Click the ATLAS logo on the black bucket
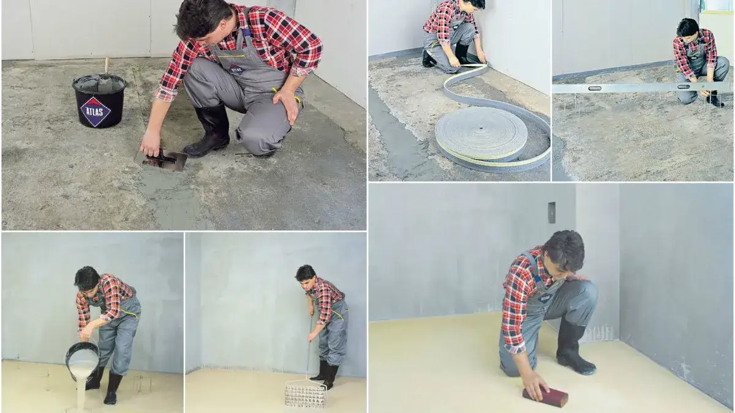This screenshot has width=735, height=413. (x=96, y=111)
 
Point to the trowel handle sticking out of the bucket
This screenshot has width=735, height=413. (x=107, y=67)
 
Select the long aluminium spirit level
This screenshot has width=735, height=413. (x=643, y=87)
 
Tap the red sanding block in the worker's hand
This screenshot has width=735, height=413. (x=545, y=396)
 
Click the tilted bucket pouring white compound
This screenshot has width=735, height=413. (x=82, y=360)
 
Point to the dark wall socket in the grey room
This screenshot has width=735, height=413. (x=552, y=213)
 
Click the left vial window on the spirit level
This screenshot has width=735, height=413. (x=595, y=88)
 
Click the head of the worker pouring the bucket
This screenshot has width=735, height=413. (x=86, y=279)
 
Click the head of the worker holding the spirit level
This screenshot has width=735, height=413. (x=688, y=28)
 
